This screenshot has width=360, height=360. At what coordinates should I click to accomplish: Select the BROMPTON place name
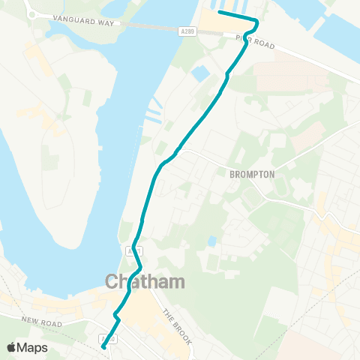[252, 174]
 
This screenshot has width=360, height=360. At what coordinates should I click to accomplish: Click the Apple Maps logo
[27, 347]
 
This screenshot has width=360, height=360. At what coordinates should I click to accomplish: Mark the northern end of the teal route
[218, 13]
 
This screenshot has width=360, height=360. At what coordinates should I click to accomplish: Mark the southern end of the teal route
[103, 347]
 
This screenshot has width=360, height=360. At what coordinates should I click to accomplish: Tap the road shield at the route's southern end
[108, 340]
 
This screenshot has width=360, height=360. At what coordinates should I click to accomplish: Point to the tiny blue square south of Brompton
[213, 241]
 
